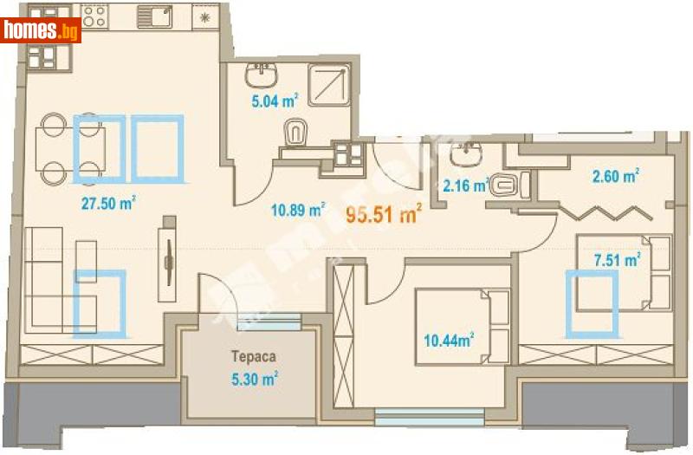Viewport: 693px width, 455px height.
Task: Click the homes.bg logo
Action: pos(41,31)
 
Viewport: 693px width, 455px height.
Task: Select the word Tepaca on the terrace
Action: pos(248,355)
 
